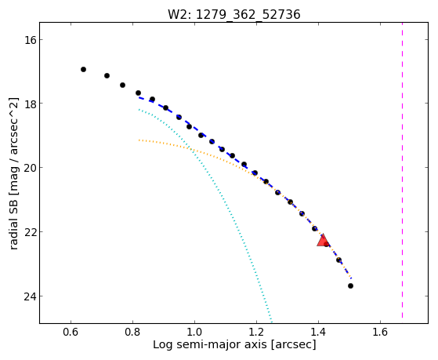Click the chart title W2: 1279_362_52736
pos(234,15)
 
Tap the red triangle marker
pos(323,241)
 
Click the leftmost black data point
pos(83,69)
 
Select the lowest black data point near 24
pos(350,285)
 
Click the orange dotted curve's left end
pos(139,140)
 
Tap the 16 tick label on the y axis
pos(31,40)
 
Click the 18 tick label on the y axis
pos(31,104)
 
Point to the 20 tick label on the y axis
pos(31,168)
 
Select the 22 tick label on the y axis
pos(31,232)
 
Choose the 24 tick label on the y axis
pos(31,296)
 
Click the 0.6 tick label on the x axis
pos(71,332)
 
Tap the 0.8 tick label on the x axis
pos(132,332)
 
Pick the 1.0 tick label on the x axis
pos(194,332)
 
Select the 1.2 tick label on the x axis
pos(256,332)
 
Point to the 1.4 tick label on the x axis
pos(318,332)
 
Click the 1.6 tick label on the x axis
pos(380,332)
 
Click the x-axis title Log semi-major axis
pos(210,345)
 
